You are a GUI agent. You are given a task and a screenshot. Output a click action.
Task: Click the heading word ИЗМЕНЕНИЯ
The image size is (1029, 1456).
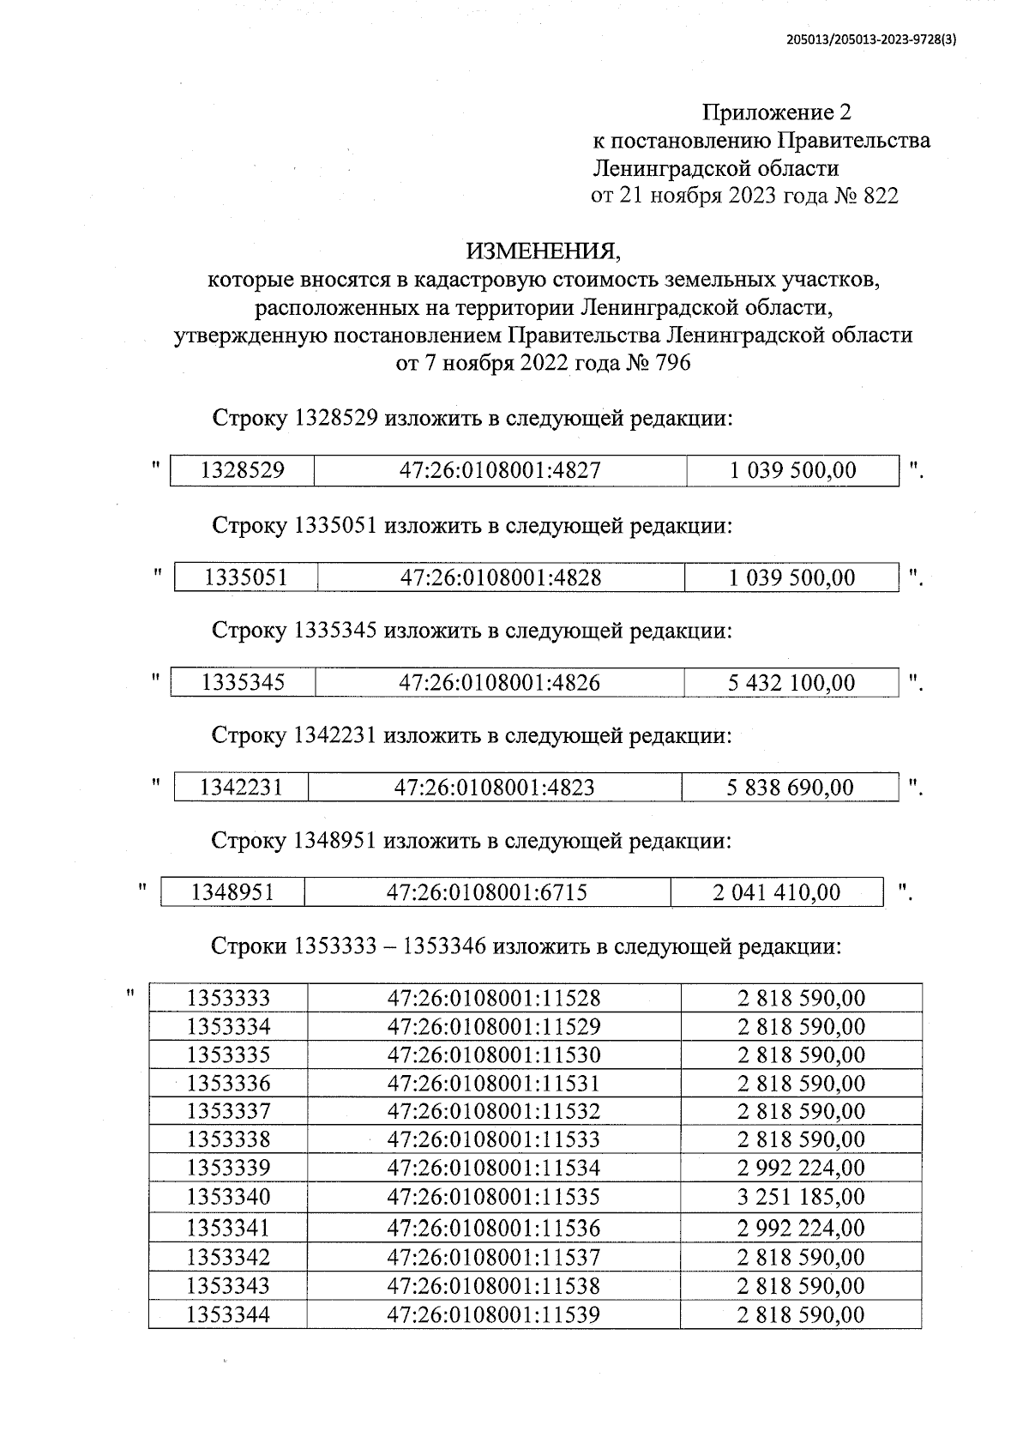(542, 251)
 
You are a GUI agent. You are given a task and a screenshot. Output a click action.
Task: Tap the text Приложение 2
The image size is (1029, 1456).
(777, 112)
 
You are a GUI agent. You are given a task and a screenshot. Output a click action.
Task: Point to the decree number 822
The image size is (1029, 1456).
(880, 196)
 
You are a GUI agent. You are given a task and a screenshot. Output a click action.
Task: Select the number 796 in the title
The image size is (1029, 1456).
(672, 363)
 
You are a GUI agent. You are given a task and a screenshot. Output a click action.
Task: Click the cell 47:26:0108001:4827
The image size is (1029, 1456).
(500, 470)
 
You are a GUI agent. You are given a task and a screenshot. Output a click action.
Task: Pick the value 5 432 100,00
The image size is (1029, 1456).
(791, 683)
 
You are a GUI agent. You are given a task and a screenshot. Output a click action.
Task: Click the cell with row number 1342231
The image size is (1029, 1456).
(241, 788)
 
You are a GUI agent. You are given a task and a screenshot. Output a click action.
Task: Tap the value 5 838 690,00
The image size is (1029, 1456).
(790, 788)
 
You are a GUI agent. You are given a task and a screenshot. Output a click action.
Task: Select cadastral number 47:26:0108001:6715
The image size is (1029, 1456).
(487, 892)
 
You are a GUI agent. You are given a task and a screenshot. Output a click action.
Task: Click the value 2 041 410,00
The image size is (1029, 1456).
(776, 892)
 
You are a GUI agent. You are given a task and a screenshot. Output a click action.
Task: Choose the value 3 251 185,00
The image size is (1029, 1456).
(801, 1196)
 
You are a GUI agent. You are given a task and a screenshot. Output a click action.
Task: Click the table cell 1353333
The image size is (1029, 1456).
(228, 998)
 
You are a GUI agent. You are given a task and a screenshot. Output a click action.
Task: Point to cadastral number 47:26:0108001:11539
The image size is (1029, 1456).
(494, 1314)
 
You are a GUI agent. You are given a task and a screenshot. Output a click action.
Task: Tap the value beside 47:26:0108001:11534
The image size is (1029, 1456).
(801, 1168)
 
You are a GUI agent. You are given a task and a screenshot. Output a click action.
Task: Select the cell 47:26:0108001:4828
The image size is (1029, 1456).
(501, 577)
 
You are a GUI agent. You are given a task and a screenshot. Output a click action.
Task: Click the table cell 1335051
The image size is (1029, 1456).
(245, 577)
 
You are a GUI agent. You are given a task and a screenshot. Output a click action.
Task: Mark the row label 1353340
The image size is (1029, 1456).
(228, 1196)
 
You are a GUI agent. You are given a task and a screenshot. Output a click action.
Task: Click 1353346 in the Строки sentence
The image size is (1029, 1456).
(445, 946)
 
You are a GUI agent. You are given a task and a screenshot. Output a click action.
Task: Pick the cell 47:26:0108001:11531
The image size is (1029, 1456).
(494, 1083)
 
